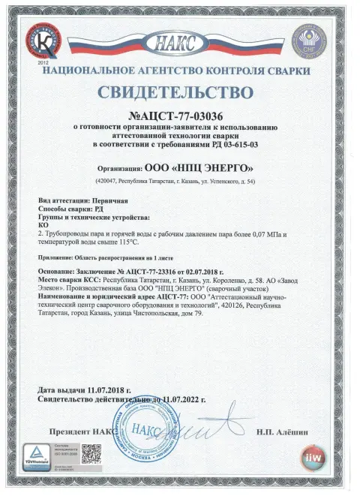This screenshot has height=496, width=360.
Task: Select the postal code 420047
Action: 108,182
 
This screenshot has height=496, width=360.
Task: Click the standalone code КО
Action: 43,226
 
